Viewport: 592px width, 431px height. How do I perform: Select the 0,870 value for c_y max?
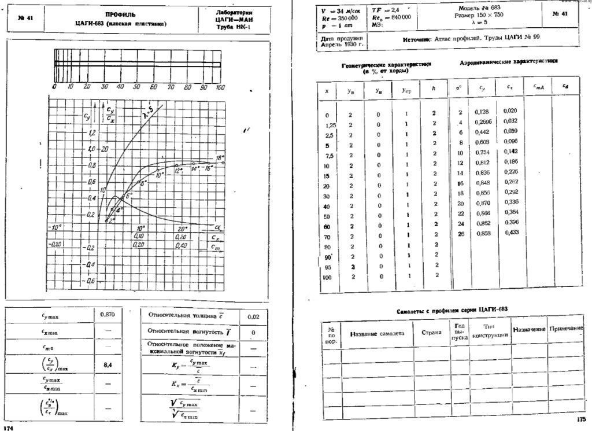[x=108, y=315]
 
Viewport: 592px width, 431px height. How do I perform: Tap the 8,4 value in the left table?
[x=108, y=365]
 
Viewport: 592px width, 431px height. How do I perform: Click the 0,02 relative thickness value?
[x=253, y=317]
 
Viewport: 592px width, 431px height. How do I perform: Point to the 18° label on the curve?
[x=220, y=158]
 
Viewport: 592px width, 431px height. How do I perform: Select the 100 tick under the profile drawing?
[x=220, y=86]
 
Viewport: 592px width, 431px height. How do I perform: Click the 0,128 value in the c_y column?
[x=482, y=112]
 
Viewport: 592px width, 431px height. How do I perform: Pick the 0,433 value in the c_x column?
[x=511, y=233]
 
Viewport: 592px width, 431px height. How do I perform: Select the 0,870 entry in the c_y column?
[x=482, y=202]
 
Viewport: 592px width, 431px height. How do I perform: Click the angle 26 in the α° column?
[x=460, y=233]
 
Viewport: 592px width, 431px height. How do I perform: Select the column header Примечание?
[x=565, y=329]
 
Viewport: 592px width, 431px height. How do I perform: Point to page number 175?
[x=580, y=419]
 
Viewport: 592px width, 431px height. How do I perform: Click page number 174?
[x=8, y=428]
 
